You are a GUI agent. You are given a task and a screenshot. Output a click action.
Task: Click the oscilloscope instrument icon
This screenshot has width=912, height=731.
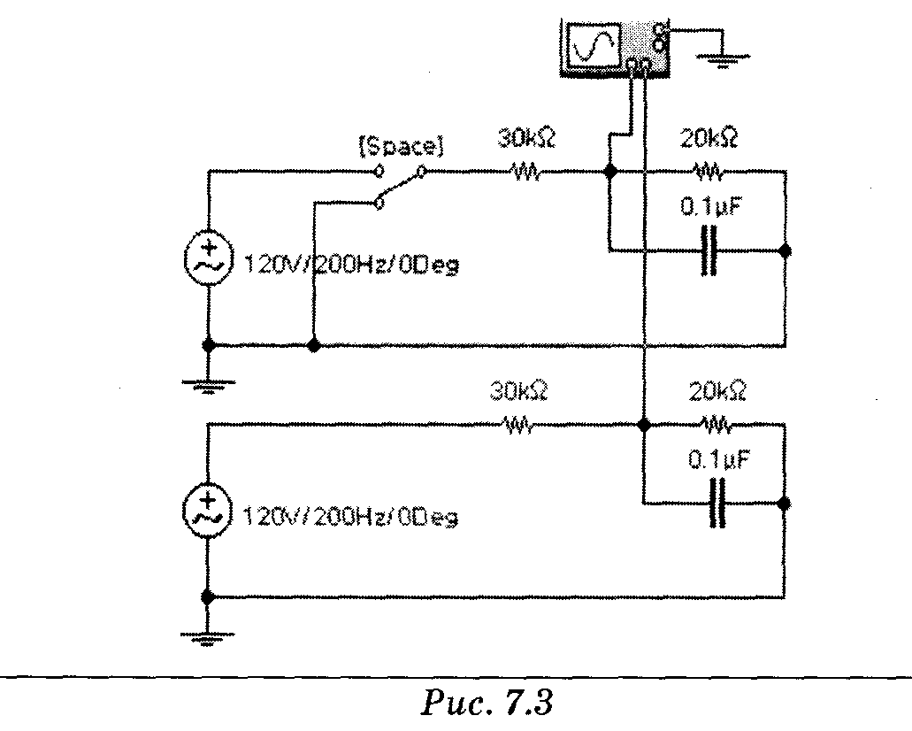click(615, 48)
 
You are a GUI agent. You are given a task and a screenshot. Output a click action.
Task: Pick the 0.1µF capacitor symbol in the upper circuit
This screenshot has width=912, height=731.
click(709, 250)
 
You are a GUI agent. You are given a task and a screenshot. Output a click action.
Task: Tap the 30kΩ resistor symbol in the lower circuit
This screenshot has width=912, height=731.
click(518, 426)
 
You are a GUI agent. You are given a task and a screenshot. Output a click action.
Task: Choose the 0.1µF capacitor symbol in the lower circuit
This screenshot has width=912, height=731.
click(718, 503)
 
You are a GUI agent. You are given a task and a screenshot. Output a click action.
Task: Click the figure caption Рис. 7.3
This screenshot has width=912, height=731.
click(486, 703)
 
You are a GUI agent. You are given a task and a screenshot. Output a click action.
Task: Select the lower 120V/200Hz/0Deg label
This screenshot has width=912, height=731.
click(350, 517)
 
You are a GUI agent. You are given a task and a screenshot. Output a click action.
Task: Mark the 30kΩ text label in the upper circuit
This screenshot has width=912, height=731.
click(527, 139)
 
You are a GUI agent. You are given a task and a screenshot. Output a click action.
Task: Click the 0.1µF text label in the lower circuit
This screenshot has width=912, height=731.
click(719, 460)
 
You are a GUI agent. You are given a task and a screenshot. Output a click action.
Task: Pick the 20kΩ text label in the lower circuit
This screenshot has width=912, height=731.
click(717, 391)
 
